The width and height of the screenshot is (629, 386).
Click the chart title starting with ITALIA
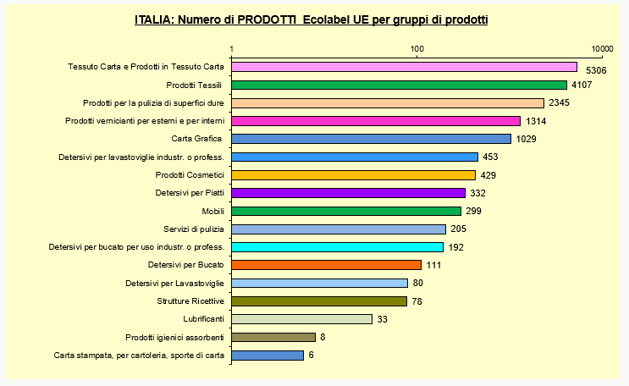coord(311,19)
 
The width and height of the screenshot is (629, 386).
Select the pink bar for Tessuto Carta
coord(404,67)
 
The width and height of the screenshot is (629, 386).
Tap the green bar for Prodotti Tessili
coord(399,85)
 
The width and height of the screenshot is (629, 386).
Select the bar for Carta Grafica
coord(371,139)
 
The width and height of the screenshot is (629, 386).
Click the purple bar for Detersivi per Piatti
coord(348,193)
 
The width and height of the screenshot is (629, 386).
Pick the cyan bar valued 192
coord(337,247)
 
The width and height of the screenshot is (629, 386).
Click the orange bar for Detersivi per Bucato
coord(326,265)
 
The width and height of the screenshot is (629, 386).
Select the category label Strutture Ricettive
coord(190,301)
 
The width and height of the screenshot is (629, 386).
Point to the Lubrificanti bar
coord(301,319)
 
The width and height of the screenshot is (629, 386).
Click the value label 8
coord(322,337)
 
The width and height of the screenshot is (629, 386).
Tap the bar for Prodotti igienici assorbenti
coord(273,337)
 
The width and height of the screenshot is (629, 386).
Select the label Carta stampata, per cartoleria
coord(139,356)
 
